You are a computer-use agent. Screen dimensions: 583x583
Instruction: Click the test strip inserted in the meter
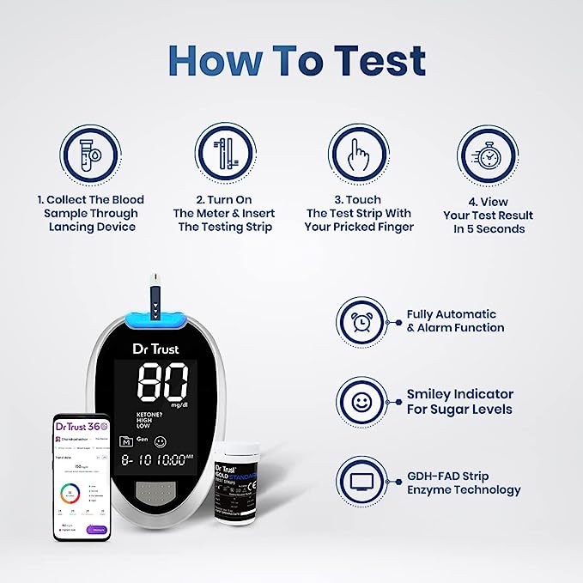pos(155,296)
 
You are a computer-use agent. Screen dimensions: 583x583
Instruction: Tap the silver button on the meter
pos(157,494)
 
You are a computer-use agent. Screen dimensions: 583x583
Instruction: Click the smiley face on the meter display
pos(161,441)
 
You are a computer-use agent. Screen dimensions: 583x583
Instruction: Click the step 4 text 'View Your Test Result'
pos(488,216)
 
